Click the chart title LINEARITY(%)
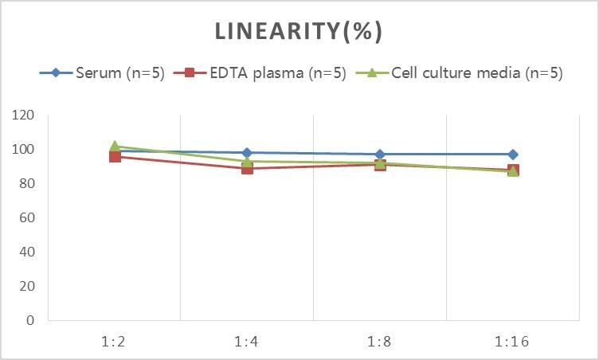[x=299, y=32]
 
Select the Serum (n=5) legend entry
[x=119, y=73]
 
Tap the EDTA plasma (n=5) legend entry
[x=275, y=73]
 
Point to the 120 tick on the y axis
[x=24, y=115]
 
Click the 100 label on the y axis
[x=24, y=150]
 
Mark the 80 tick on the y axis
[x=27, y=184]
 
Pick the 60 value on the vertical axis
[x=27, y=218]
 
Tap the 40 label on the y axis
[x=27, y=252]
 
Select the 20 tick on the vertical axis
[x=27, y=286]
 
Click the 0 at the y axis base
[x=30, y=320]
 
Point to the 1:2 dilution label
[x=115, y=342]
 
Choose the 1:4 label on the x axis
[x=247, y=342]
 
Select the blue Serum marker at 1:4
[x=247, y=152]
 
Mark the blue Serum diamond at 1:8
[x=380, y=155]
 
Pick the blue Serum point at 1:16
[x=513, y=155]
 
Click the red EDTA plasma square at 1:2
[x=115, y=156]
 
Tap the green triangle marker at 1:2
[x=115, y=147]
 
